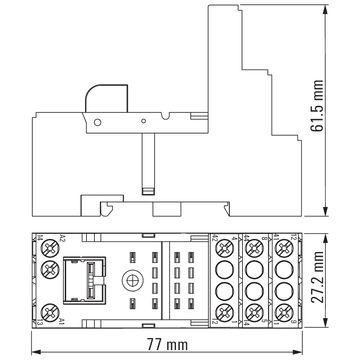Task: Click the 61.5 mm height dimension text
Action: coord(317,106)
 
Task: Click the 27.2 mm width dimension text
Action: coord(317,277)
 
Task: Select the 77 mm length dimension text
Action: coord(167,344)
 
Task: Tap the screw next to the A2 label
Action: coord(50,248)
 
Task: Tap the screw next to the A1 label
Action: coord(50,312)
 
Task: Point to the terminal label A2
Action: coord(63,238)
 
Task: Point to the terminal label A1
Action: coord(62,321)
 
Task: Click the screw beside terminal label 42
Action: coord(225,248)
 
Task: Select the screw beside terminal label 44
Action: coord(254,248)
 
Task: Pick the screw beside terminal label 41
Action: coord(284,248)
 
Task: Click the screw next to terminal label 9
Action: coord(284,312)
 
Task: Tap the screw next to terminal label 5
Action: coord(254,312)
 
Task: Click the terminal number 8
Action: coord(264,238)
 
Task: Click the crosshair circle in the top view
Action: coord(133,280)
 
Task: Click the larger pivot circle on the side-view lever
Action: coord(98,122)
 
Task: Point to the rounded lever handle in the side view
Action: coord(106,98)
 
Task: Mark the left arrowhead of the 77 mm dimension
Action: coord(36,352)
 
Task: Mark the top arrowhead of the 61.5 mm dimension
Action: coord(325,9)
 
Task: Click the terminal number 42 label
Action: coord(215,238)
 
